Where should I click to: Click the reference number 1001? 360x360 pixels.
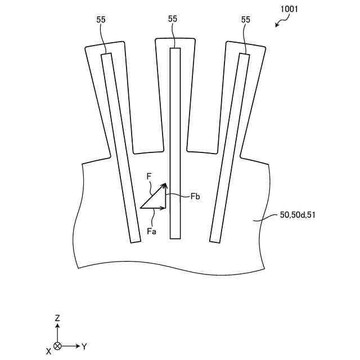point(288,9)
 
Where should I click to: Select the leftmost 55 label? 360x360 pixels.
point(101,19)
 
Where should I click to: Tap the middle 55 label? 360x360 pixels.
point(173,19)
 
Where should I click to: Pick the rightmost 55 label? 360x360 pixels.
point(245,19)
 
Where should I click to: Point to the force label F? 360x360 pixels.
point(149,177)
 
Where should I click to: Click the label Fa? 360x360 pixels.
point(151,231)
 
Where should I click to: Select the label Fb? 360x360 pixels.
point(196,196)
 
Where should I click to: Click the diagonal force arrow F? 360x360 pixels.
point(153,196)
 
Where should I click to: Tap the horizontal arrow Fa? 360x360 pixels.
point(153,208)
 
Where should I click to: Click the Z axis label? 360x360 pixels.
point(57,318)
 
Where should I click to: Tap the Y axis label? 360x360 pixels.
point(84,346)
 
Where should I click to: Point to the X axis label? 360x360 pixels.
point(49,351)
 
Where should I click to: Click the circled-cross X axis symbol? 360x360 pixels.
point(57,346)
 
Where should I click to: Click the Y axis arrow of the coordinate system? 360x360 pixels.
point(71,346)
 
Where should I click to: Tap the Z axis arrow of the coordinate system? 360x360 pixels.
point(57,332)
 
